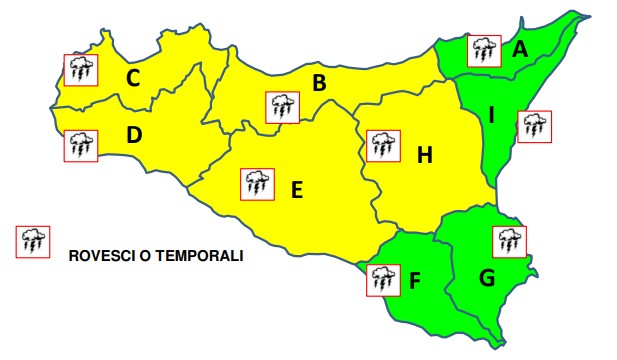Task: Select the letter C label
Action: click(132, 78)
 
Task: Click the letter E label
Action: click(296, 190)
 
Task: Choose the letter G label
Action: click(487, 278)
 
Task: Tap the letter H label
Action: click(425, 155)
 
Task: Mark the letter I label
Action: click(491, 116)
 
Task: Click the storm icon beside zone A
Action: click(485, 49)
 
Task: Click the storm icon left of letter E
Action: click(257, 183)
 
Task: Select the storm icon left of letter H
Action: click(382, 146)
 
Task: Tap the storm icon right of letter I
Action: click(534, 126)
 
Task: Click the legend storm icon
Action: click(32, 242)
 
